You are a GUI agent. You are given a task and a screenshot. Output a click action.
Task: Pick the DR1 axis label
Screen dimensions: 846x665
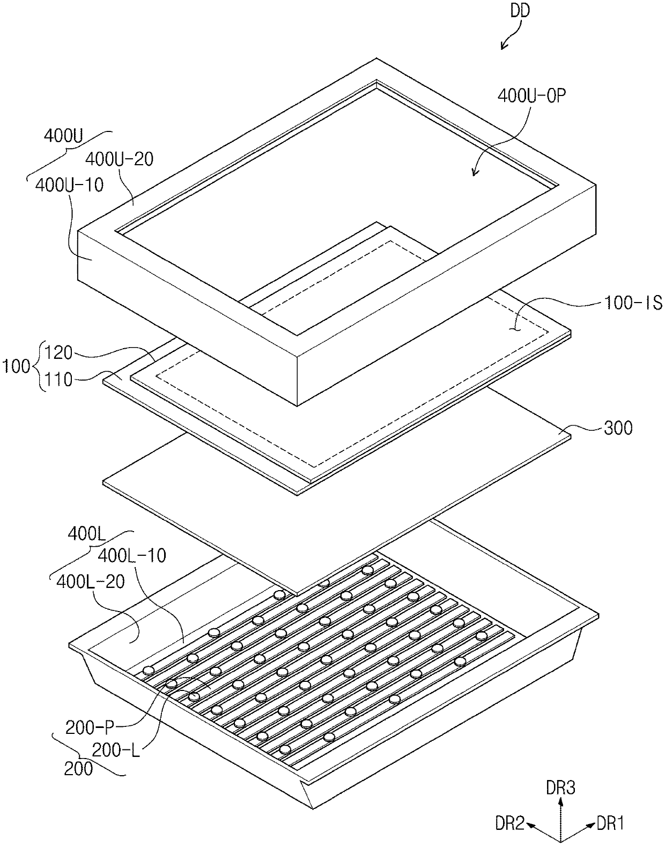(x=610, y=823)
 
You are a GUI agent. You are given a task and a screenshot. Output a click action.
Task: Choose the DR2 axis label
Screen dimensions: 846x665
(x=509, y=823)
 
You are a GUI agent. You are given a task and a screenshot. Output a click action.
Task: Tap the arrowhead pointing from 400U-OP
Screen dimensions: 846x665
(x=473, y=173)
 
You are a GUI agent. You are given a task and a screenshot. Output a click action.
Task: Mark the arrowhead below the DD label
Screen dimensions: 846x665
(x=503, y=48)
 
